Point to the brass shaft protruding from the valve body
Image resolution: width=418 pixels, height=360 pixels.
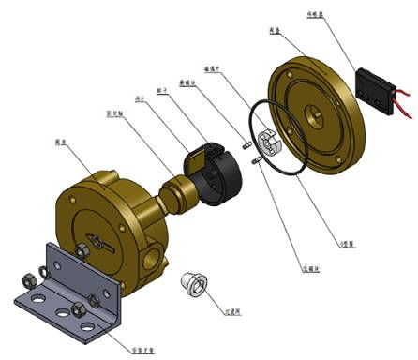pyautogui.click(x=178, y=193)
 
